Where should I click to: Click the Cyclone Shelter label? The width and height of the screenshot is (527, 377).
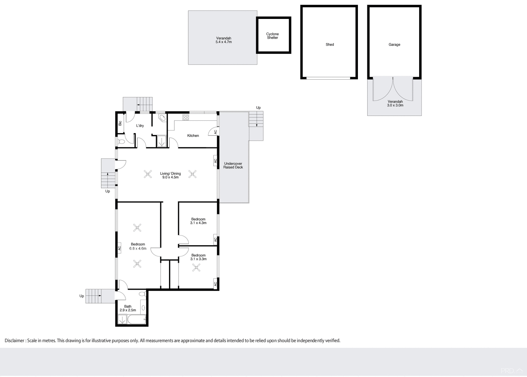(x=272, y=36)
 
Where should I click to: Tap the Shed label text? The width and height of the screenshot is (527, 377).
(x=330, y=44)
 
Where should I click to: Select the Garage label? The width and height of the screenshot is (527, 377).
(x=394, y=44)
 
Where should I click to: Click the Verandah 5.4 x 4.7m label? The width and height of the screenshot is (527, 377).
(x=223, y=40)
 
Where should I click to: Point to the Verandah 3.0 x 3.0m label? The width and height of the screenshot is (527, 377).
(x=395, y=103)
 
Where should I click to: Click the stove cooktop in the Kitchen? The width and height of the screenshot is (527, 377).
(x=186, y=117)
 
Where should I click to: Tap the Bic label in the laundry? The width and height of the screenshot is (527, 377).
(x=120, y=123)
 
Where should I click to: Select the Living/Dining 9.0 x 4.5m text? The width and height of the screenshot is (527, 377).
(x=170, y=175)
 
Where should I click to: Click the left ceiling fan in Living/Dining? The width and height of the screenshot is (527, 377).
(x=148, y=174)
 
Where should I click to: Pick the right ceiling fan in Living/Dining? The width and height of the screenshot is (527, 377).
(x=192, y=174)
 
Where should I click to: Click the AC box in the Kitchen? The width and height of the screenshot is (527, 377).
(x=215, y=132)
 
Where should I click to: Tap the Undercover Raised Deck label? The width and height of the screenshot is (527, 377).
(x=233, y=165)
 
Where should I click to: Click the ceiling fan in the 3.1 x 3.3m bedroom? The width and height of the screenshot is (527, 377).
(x=196, y=268)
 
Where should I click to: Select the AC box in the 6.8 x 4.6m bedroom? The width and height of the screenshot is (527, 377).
(x=119, y=248)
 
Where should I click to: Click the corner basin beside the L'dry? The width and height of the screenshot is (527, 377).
(x=162, y=118)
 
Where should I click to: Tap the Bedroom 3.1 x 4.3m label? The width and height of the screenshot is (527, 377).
(x=198, y=221)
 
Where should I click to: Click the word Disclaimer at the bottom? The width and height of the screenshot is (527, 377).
(x=15, y=341)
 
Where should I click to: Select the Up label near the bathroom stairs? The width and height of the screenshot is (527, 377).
(x=82, y=296)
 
